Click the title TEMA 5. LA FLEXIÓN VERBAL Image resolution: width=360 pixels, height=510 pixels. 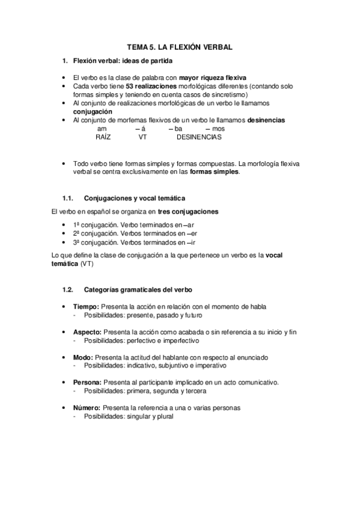[x=180, y=47]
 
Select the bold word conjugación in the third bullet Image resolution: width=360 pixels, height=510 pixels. [x=93, y=112]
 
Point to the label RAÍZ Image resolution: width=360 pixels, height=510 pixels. [x=103, y=137]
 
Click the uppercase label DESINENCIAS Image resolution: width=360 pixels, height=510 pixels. [x=199, y=137]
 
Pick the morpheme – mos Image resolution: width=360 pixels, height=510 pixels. [x=215, y=129]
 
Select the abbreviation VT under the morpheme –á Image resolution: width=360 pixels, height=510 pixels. [x=142, y=137]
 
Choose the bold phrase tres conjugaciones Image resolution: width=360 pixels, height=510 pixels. [x=188, y=212]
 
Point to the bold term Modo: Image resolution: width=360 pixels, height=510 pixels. [x=84, y=357]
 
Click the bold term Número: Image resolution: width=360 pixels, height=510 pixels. [x=87, y=408]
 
